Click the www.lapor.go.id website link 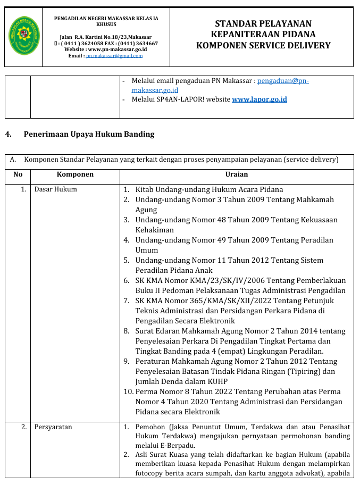pyautogui.click(x=259, y=99)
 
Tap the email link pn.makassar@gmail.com pyautogui.click(x=114, y=56)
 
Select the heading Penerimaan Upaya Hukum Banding pyautogui.click(x=89, y=134)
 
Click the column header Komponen pyautogui.click(x=75, y=174)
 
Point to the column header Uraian pyautogui.click(x=237, y=174)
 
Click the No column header pyautogui.click(x=18, y=174)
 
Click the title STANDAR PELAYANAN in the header pyautogui.click(x=263, y=23)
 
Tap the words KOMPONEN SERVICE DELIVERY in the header pyautogui.click(x=263, y=46)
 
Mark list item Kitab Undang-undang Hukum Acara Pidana pyautogui.click(x=209, y=189)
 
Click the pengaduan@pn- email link pyautogui.click(x=282, y=81)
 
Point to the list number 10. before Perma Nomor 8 pyautogui.click(x=128, y=391)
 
